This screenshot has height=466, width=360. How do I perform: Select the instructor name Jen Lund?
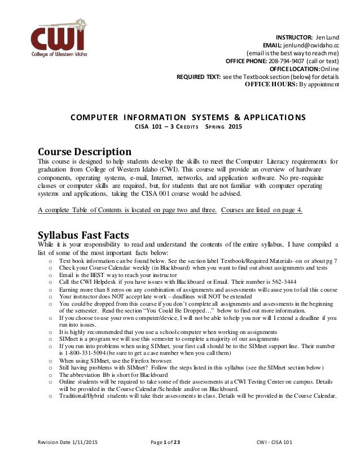(x=327, y=38)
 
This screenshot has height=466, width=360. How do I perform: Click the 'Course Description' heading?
(x=85, y=152)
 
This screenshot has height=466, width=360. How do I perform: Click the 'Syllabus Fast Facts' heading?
(x=85, y=235)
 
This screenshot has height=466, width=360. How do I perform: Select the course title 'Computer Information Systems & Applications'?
(x=187, y=117)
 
